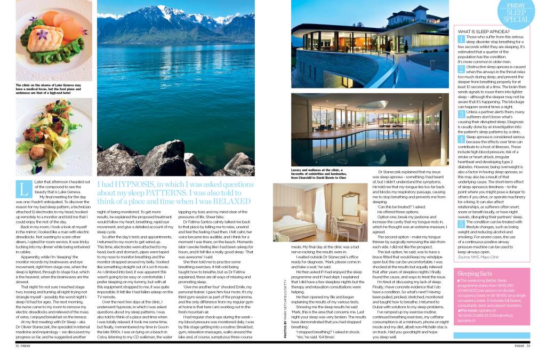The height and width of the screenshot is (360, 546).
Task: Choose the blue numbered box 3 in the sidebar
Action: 461,114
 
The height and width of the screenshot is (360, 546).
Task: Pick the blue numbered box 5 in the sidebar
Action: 461,209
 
